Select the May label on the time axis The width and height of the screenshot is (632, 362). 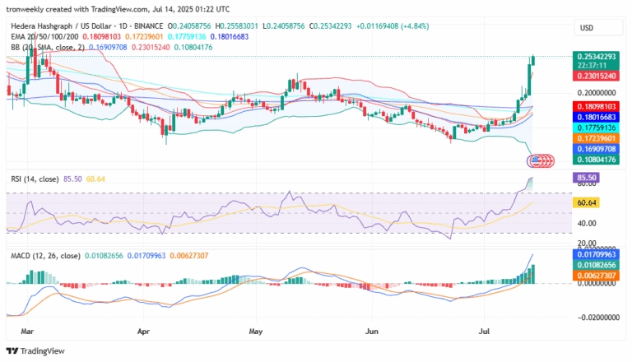[x=257, y=331]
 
